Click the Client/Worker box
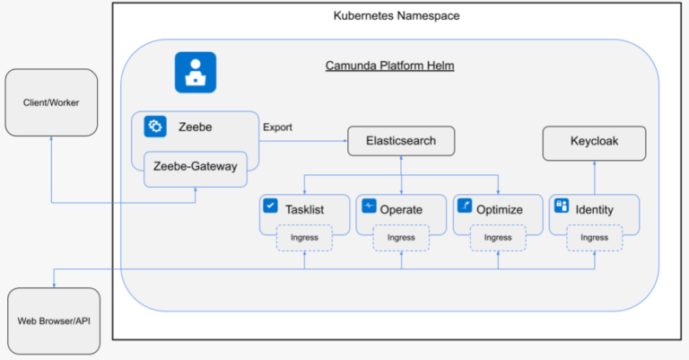click(51, 102)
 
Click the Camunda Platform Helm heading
click(389, 66)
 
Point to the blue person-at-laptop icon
click(195, 72)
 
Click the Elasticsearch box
click(401, 141)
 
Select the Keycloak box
click(594, 141)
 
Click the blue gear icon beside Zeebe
click(155, 127)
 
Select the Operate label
click(401, 210)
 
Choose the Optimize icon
click(465, 206)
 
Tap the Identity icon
click(562, 206)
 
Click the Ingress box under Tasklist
click(304, 237)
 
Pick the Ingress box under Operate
click(401, 237)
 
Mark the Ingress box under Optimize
click(498, 237)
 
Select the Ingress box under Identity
click(594, 237)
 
